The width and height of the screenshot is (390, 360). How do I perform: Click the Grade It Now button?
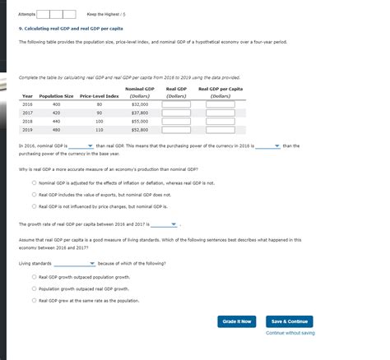click(237, 321)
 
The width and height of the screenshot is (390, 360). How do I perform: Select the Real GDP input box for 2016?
click(177, 105)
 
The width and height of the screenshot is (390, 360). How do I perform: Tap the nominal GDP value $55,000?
click(139, 121)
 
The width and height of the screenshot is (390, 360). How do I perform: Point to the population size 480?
click(56, 129)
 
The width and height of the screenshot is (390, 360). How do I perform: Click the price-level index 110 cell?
click(100, 129)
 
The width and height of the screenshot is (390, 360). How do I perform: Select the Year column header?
click(27, 96)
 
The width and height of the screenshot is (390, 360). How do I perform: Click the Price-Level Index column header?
click(100, 96)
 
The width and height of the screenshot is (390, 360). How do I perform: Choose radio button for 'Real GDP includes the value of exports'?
click(34, 195)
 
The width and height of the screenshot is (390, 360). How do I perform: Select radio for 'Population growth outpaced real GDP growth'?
click(34, 289)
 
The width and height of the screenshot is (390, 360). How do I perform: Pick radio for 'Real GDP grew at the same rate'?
click(34, 301)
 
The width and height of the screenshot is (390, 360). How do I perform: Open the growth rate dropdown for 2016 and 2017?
click(162, 224)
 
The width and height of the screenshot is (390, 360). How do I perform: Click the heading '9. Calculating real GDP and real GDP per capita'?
click(72, 27)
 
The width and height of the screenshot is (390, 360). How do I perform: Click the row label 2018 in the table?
click(27, 121)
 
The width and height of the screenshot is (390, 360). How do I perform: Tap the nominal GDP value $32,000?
click(139, 105)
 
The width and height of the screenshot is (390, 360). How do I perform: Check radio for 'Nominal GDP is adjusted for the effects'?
click(34, 183)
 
